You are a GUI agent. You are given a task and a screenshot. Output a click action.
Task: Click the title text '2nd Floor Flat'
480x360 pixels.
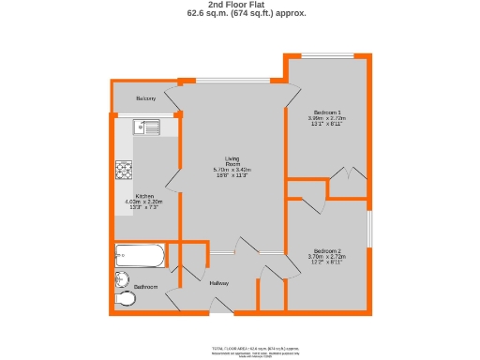(x=240, y=5)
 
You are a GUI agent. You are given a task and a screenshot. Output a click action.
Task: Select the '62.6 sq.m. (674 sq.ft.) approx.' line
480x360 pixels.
(x=240, y=14)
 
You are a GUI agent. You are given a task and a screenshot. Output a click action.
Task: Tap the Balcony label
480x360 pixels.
(x=145, y=98)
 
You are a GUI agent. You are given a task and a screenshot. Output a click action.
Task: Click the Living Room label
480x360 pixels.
(x=233, y=160)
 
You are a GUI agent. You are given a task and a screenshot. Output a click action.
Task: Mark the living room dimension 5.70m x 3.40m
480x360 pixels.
(x=233, y=170)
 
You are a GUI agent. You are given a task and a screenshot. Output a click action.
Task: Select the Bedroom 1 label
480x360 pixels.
(x=327, y=112)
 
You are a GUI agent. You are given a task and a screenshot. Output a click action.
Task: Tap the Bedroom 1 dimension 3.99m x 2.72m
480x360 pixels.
(x=327, y=118)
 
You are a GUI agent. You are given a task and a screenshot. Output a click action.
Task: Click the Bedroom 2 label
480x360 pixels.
(x=327, y=250)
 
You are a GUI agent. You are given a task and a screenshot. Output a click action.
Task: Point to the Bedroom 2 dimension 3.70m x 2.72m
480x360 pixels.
(x=327, y=257)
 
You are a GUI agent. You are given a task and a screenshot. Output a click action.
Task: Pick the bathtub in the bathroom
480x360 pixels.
(x=140, y=256)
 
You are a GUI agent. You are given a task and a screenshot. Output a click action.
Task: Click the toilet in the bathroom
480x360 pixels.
(x=127, y=299)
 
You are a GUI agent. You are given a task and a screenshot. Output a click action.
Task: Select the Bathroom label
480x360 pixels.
(x=145, y=286)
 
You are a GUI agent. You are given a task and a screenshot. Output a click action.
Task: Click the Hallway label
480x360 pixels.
(x=219, y=283)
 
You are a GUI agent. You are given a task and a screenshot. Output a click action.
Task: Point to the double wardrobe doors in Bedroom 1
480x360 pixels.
(x=348, y=174)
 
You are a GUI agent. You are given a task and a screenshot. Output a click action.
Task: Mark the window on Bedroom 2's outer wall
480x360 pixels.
(x=369, y=230)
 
